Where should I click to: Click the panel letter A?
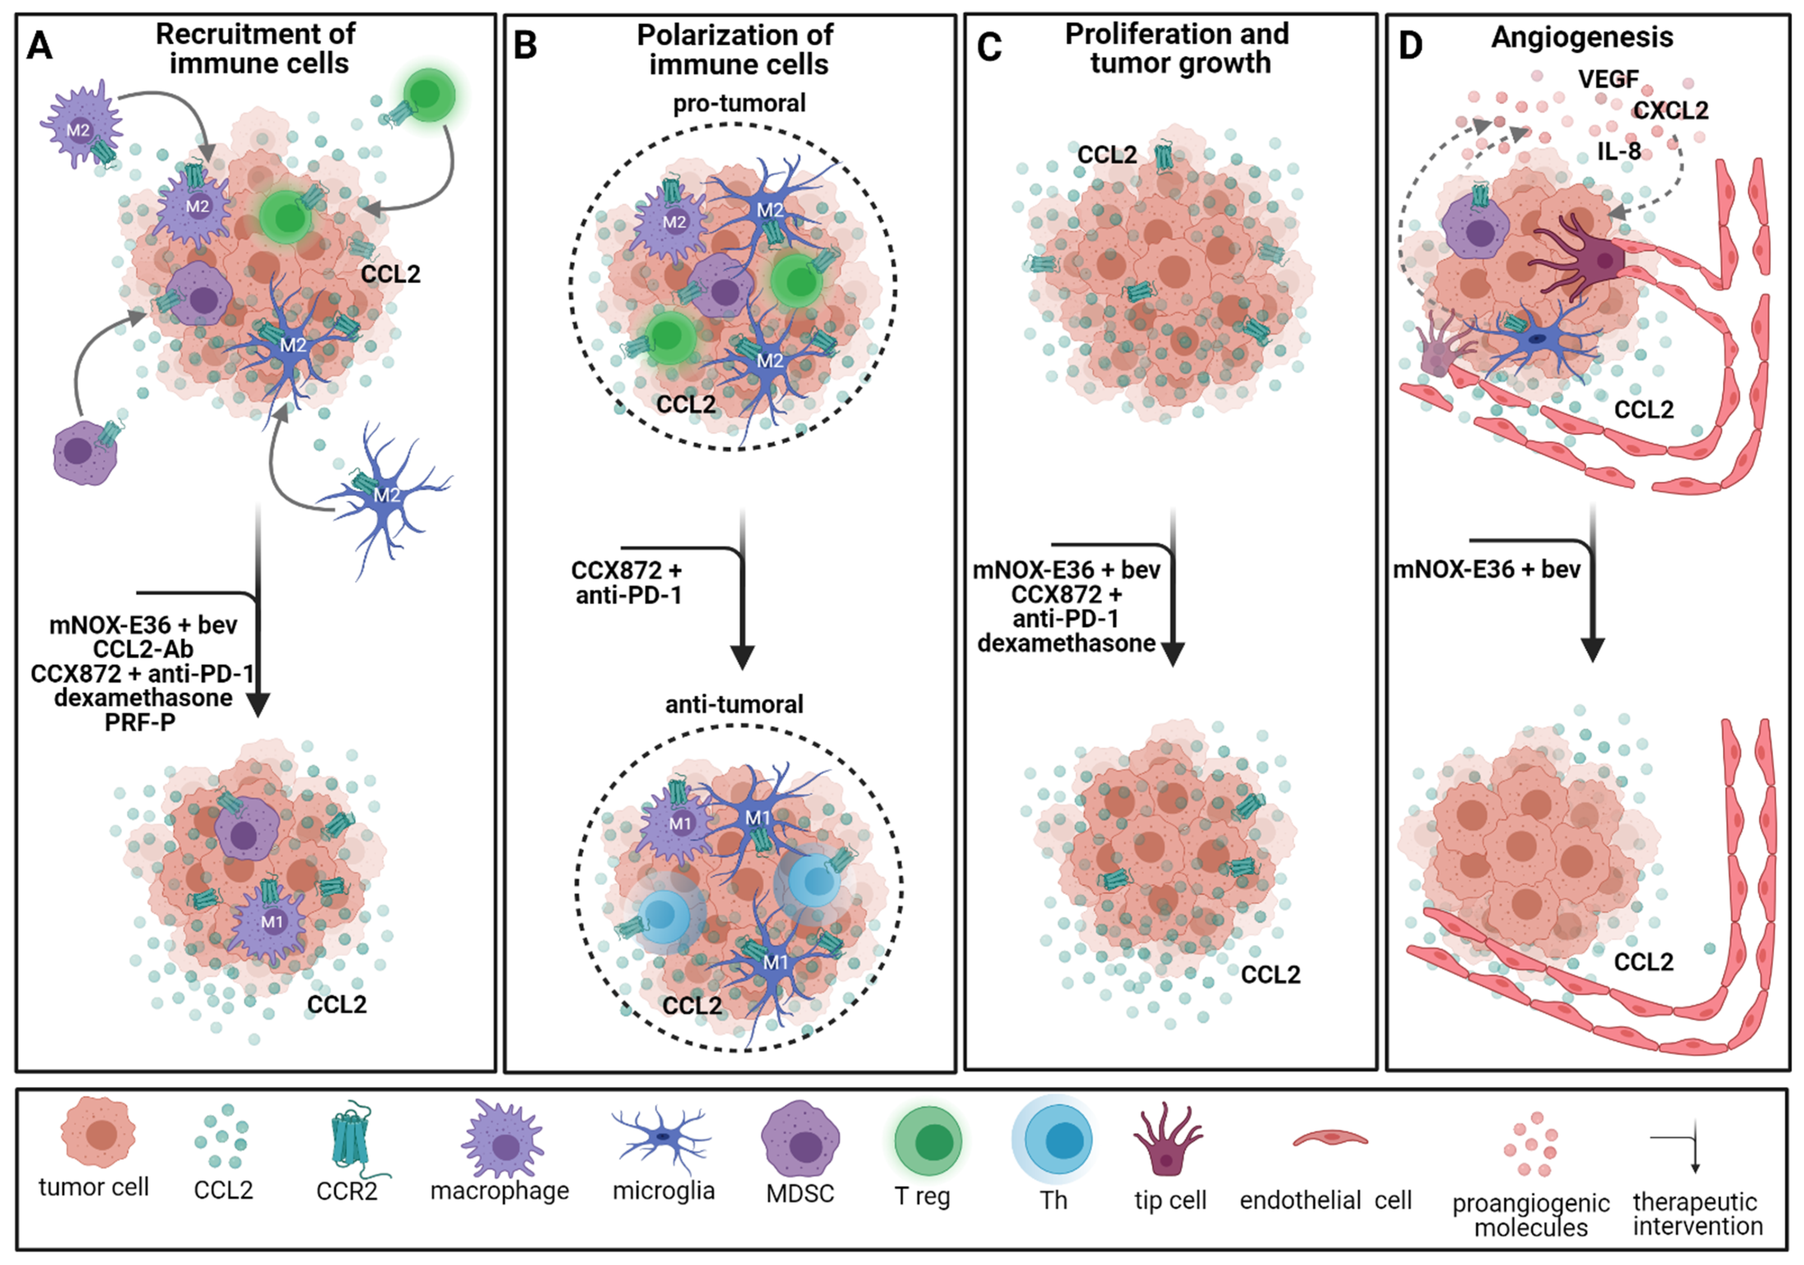pos(39,46)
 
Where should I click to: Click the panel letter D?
pos(1410,46)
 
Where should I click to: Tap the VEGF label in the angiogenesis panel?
pos(1608,79)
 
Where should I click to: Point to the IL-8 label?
pos(1619,151)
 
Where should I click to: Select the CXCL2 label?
pos(1671,111)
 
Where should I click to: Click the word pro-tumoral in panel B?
pos(739,103)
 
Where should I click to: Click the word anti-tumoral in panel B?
pos(734,704)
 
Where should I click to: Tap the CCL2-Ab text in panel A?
pos(143,649)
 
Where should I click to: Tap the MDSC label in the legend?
pos(800,1193)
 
